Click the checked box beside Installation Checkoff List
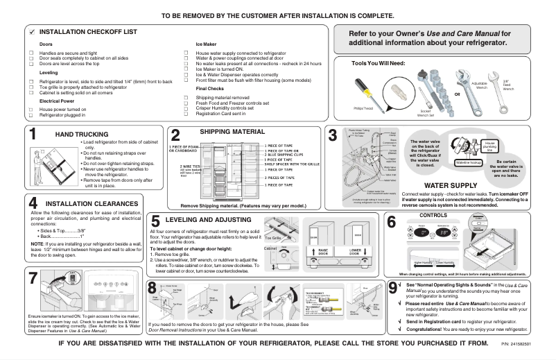coord(32,33)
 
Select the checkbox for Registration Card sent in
coord(186,114)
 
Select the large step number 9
coord(393,287)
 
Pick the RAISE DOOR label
coord(322,232)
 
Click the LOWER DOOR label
coord(355,232)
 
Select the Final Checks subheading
coord(209,89)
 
